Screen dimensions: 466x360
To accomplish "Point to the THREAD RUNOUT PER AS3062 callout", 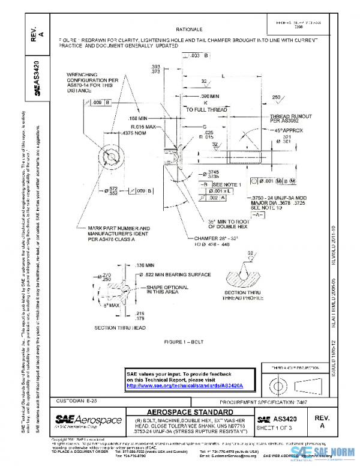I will [271, 118].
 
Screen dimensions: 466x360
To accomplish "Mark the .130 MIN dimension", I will [146, 265].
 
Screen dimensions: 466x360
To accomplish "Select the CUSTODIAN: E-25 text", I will [76, 400].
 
